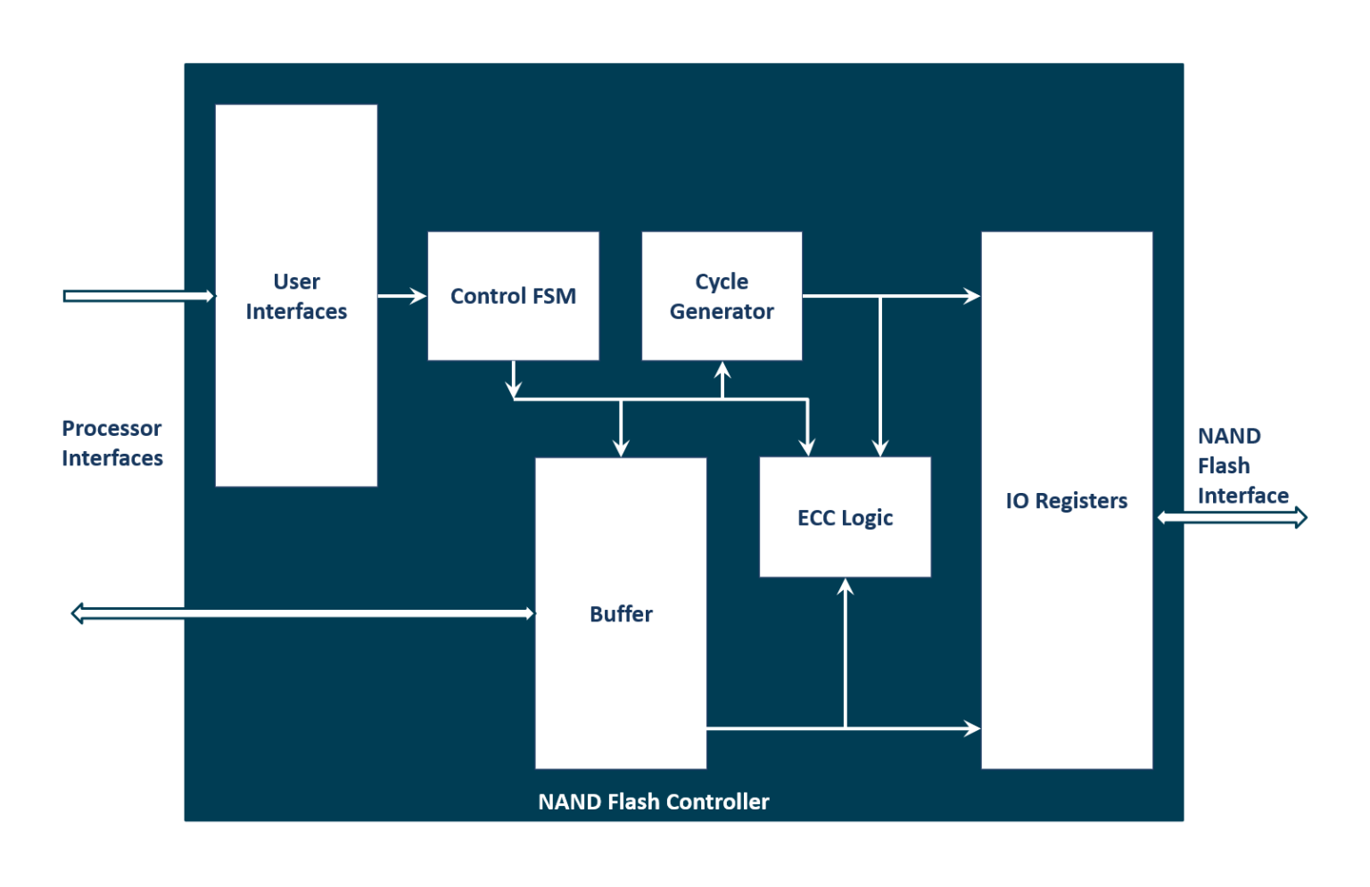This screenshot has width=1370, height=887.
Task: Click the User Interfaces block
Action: (296, 296)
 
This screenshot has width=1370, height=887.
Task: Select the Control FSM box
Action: (513, 296)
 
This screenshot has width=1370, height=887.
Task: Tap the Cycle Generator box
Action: (722, 296)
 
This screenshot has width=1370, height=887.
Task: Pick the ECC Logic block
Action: (845, 517)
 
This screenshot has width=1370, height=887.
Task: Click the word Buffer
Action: (621, 614)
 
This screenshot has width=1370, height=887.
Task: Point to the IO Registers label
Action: (1066, 501)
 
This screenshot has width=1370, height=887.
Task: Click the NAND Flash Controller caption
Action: (653, 801)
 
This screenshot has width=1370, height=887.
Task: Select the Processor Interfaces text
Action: (112, 443)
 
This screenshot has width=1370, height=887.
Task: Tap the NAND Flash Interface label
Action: (1242, 465)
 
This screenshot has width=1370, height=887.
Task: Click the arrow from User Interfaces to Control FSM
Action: (402, 296)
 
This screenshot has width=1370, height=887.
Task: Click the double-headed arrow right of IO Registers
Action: (1232, 517)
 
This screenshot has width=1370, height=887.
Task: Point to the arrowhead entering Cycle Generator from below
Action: (723, 369)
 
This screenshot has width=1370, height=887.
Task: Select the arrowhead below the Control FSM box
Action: (514, 389)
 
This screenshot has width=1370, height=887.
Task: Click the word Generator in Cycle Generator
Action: (722, 312)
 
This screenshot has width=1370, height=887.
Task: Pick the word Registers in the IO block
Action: (1081, 501)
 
